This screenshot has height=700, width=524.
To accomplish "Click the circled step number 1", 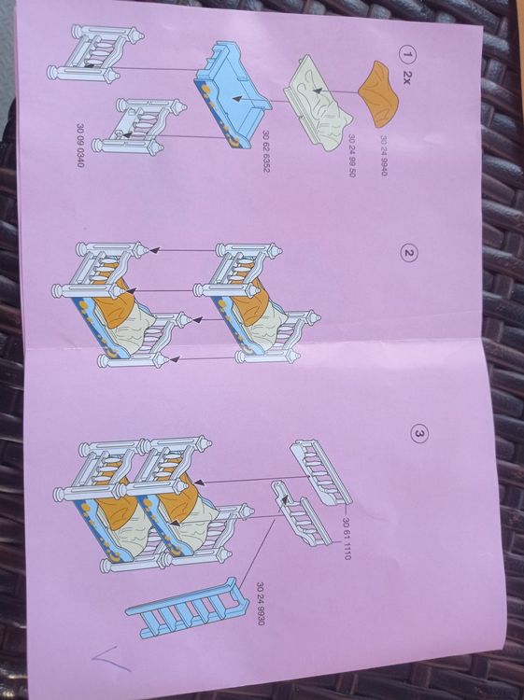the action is [407, 55].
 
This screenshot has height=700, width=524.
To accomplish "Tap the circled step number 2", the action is [409, 253].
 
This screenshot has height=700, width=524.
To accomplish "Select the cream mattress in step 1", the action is [319, 104].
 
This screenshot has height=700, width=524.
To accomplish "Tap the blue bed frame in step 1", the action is [233, 93].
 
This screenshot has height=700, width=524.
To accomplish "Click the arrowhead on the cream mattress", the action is [317, 91].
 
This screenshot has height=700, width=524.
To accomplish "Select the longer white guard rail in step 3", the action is [320, 473].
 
